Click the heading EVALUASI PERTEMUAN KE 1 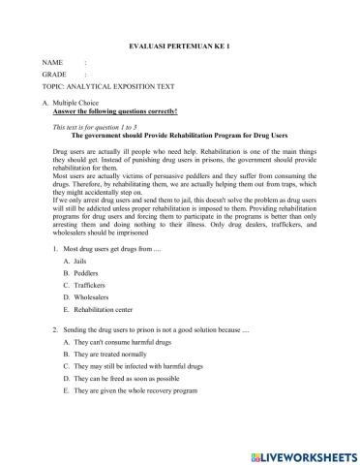(x=181, y=46)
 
